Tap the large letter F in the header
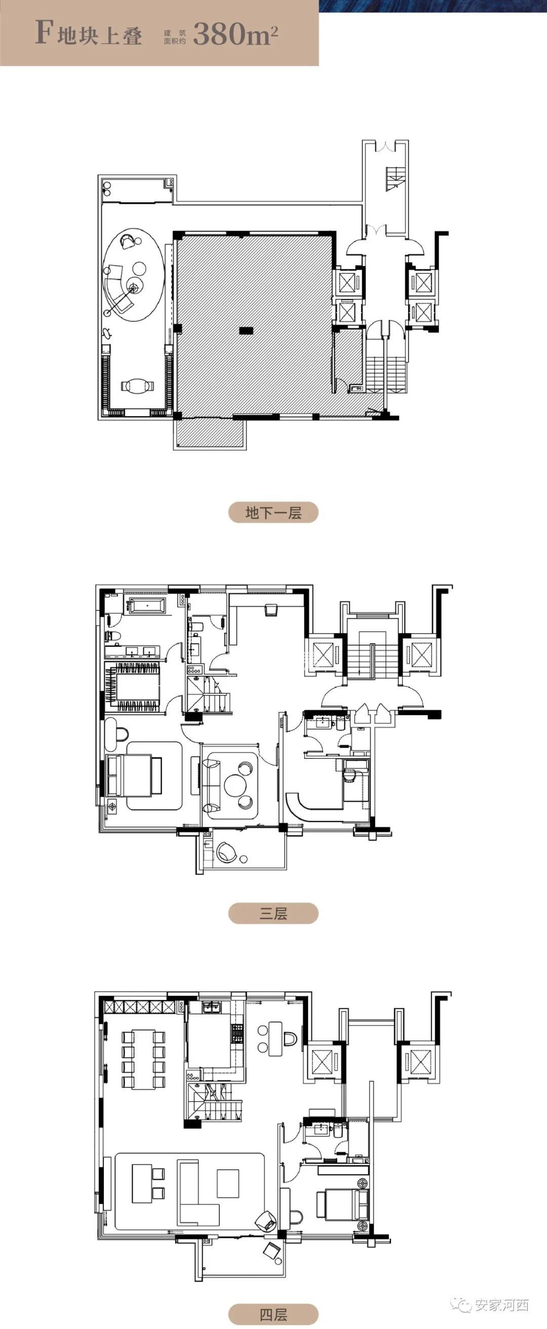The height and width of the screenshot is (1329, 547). click(44, 33)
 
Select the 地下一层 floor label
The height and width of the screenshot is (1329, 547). click(273, 512)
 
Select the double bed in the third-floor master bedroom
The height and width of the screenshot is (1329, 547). click(134, 775)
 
